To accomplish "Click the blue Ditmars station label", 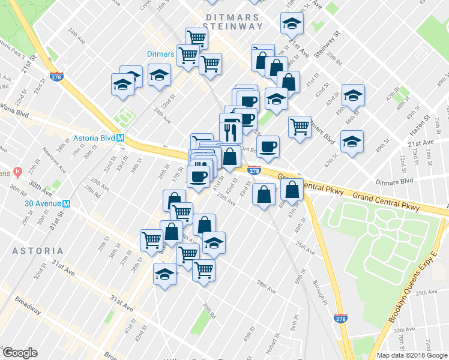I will coord(161,54).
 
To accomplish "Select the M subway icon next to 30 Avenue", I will coord(67,203).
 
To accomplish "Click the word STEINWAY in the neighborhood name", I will coord(233,26).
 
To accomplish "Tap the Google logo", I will coord(20,353).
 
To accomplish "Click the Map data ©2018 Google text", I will coord(412,355).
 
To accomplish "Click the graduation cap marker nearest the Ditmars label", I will coord(159,75).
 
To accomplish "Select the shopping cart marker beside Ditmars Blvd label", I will coord(299,127).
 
